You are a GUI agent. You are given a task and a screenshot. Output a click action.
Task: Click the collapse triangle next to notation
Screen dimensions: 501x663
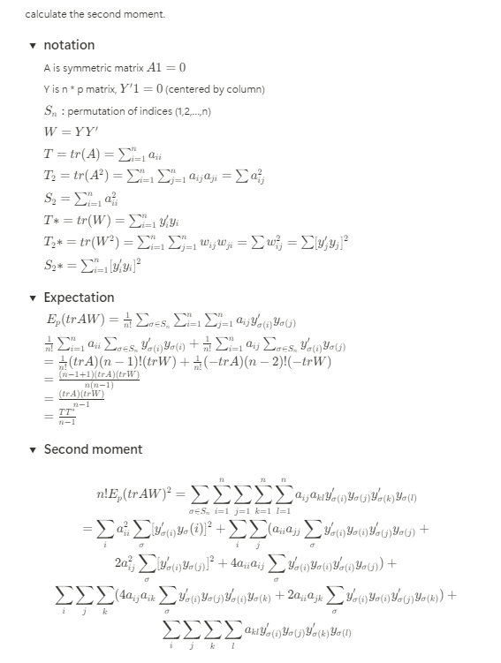(x=33, y=46)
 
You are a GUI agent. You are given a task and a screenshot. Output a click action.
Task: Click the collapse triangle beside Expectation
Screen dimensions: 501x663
(x=33, y=298)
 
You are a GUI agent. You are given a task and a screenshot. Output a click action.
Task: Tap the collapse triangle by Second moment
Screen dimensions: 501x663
(x=33, y=449)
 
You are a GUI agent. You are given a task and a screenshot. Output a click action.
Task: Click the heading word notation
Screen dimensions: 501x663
(x=69, y=45)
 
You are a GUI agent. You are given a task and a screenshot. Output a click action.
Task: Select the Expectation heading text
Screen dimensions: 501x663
(x=79, y=298)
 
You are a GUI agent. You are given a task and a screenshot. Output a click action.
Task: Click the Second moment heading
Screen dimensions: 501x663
(x=93, y=449)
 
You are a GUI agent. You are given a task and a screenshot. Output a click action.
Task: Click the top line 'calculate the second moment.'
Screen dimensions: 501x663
(x=82, y=14)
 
